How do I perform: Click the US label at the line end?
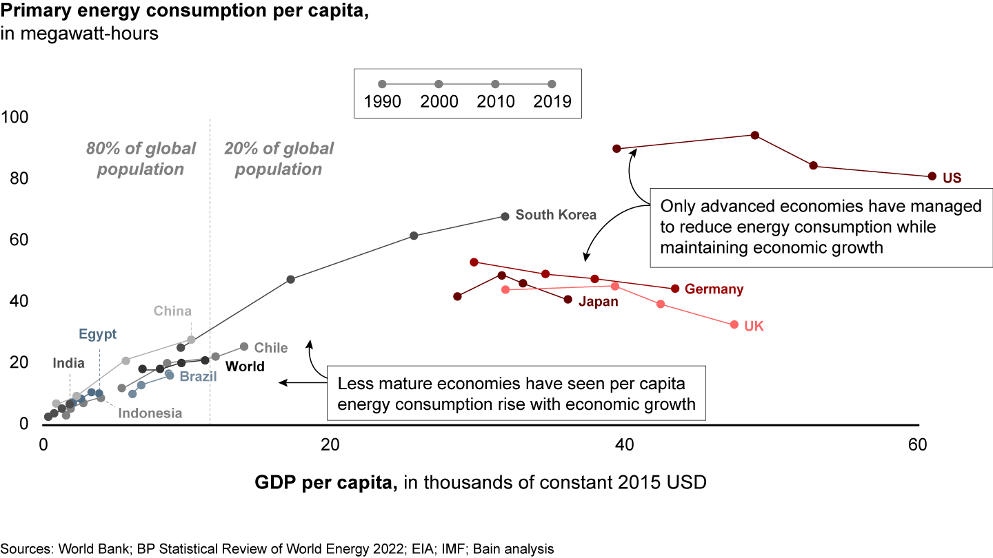click(952, 178)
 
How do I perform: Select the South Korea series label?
click(556, 215)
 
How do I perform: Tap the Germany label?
click(714, 289)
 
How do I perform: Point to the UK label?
click(754, 327)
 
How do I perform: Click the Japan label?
click(598, 301)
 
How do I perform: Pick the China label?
click(172, 311)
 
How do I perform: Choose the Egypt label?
click(97, 335)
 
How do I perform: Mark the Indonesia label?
click(150, 413)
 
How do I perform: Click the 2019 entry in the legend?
click(552, 101)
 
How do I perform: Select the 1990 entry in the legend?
click(383, 101)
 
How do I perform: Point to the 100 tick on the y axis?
click(14, 117)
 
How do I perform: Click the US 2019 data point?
click(932, 176)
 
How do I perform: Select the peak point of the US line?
click(754, 135)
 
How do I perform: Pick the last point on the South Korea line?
click(505, 216)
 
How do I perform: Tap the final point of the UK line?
click(734, 324)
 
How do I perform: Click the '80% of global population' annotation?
click(141, 159)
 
